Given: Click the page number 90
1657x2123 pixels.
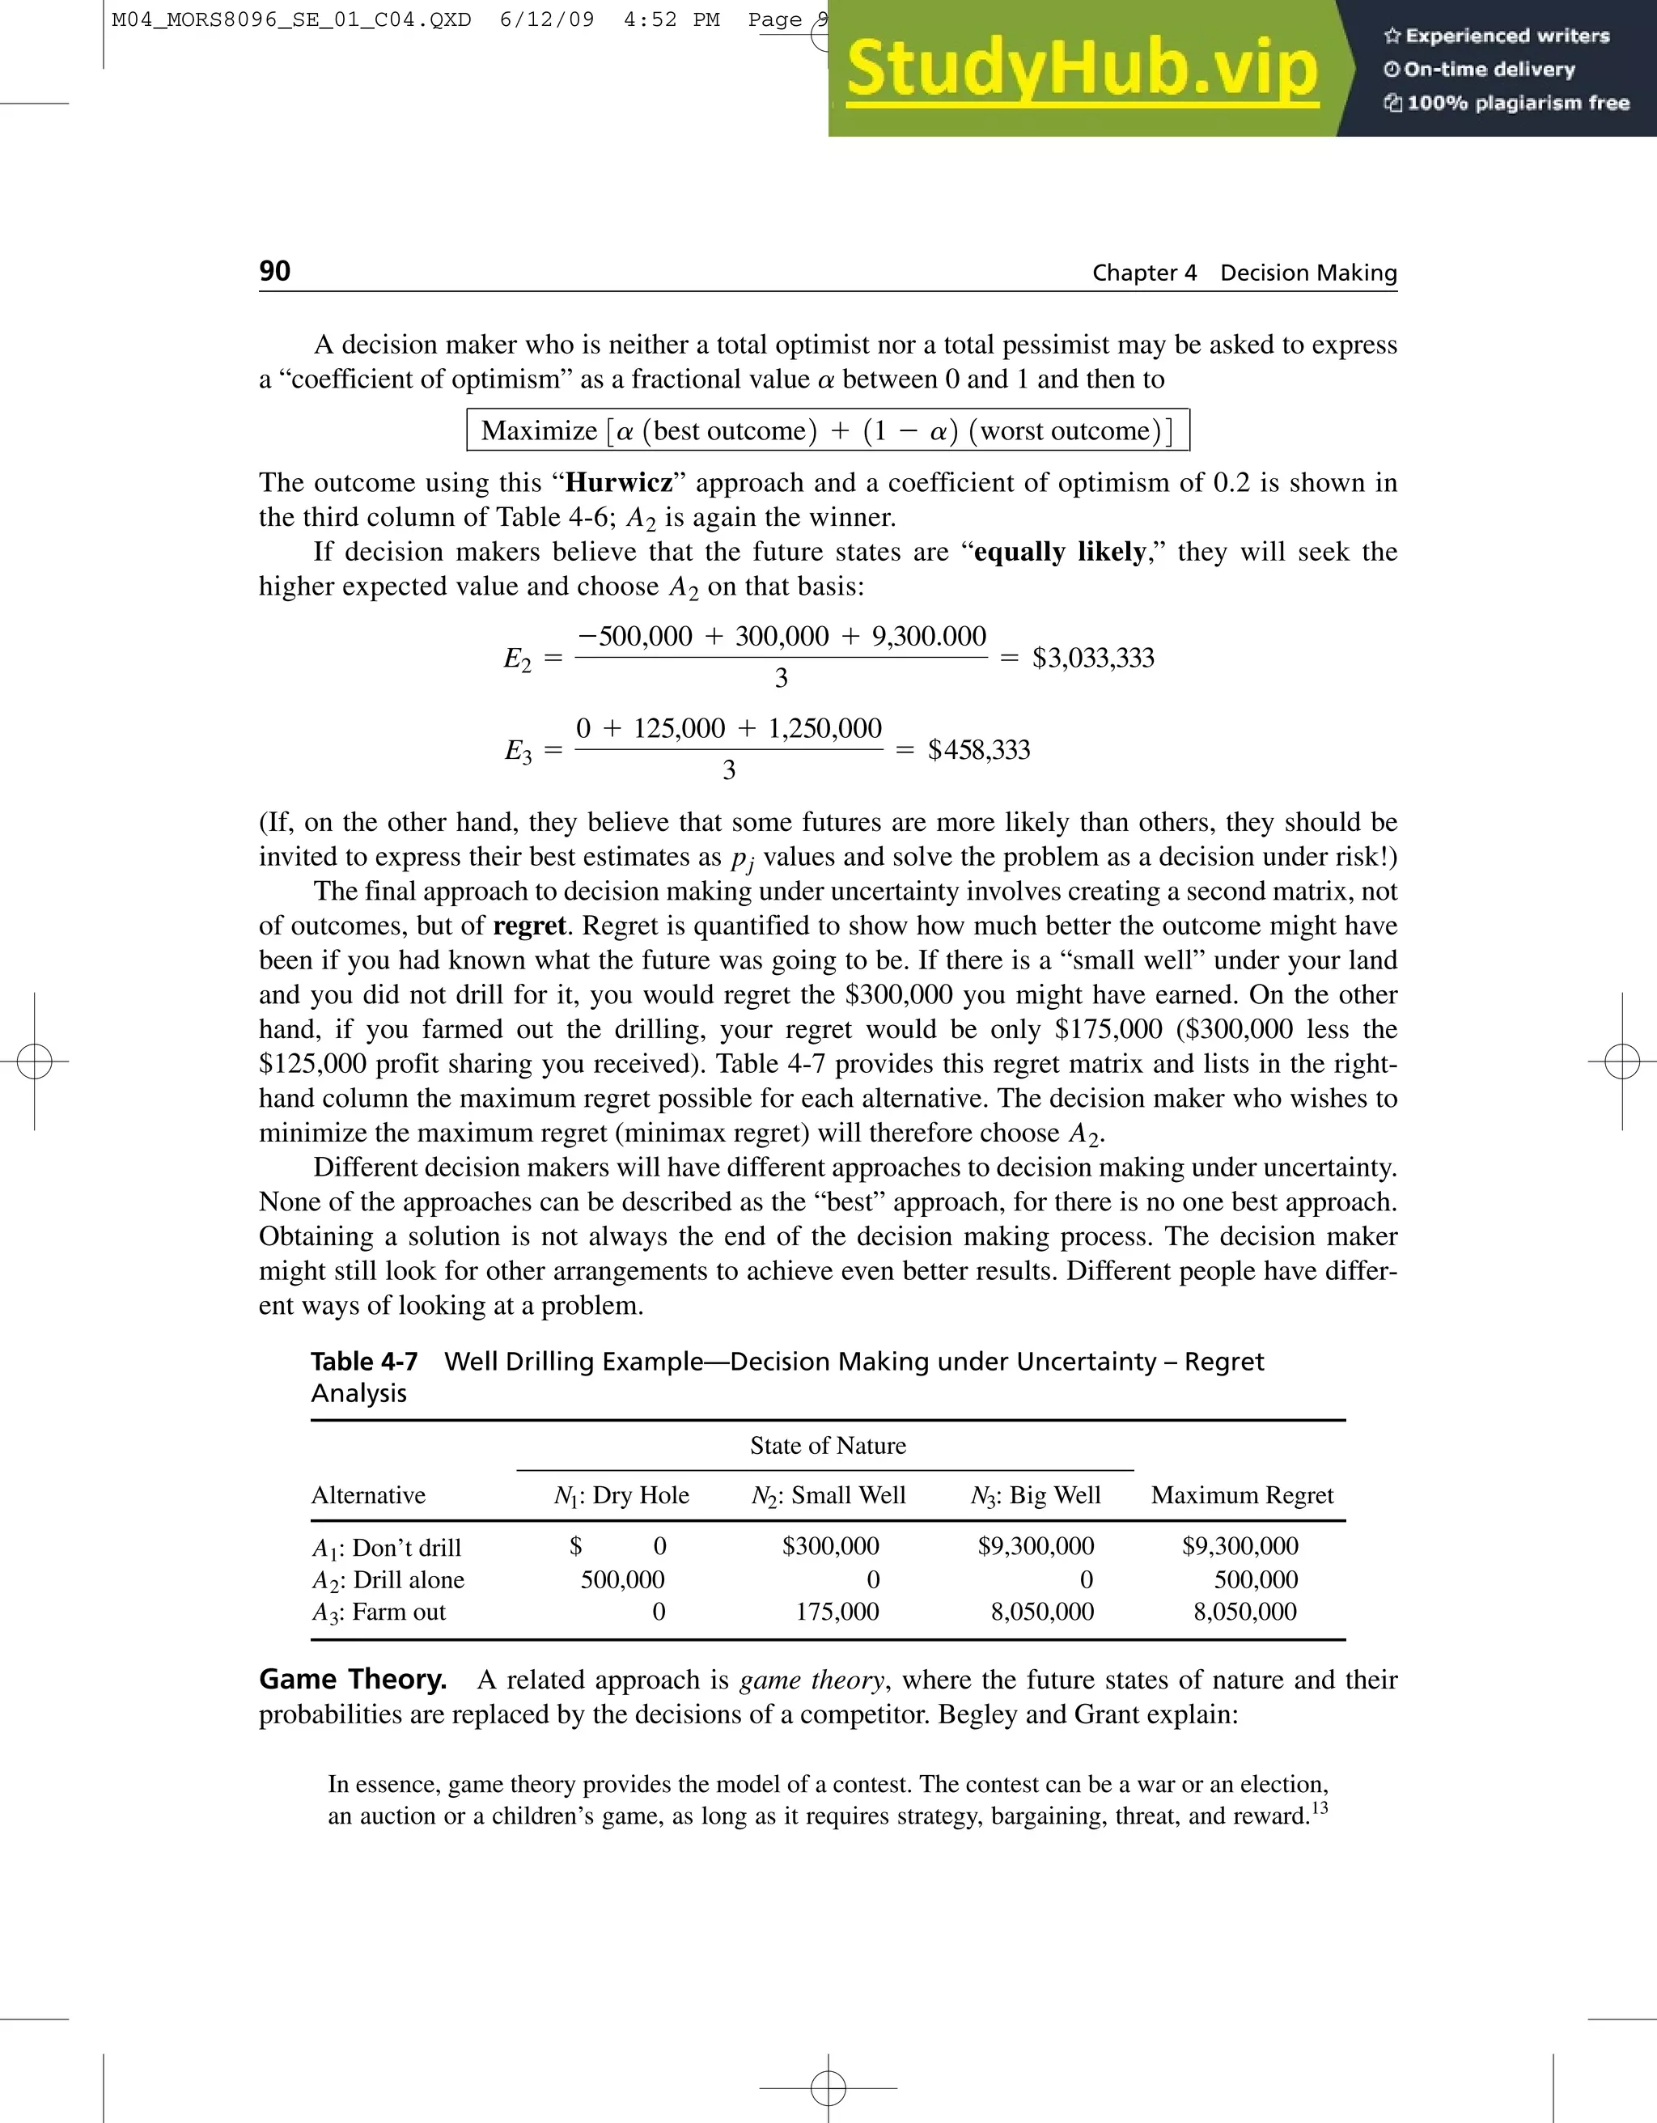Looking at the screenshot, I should point(275,271).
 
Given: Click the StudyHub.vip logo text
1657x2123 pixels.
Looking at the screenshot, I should point(1082,70).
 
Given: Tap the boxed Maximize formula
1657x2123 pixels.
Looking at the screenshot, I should point(828,430).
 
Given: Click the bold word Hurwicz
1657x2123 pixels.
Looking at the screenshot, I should point(619,483).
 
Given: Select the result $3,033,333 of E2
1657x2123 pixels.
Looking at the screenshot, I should point(1092,658).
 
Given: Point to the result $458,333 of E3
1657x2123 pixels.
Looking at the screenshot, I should point(979,749).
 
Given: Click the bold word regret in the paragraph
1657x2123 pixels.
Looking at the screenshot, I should point(528,926).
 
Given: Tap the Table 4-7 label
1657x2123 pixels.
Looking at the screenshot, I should point(364,1362).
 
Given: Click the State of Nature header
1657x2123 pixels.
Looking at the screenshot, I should point(827,1446).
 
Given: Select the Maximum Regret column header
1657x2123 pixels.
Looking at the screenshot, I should point(1241,1495).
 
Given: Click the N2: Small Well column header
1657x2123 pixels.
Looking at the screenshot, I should point(828,1495).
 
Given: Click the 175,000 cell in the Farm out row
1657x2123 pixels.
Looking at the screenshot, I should point(837,1612).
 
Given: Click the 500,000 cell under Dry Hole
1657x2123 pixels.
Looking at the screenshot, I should point(622,1579).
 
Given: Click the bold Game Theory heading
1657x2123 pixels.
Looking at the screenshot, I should point(353,1680).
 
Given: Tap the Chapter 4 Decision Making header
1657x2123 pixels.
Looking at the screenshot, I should point(1244,273).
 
